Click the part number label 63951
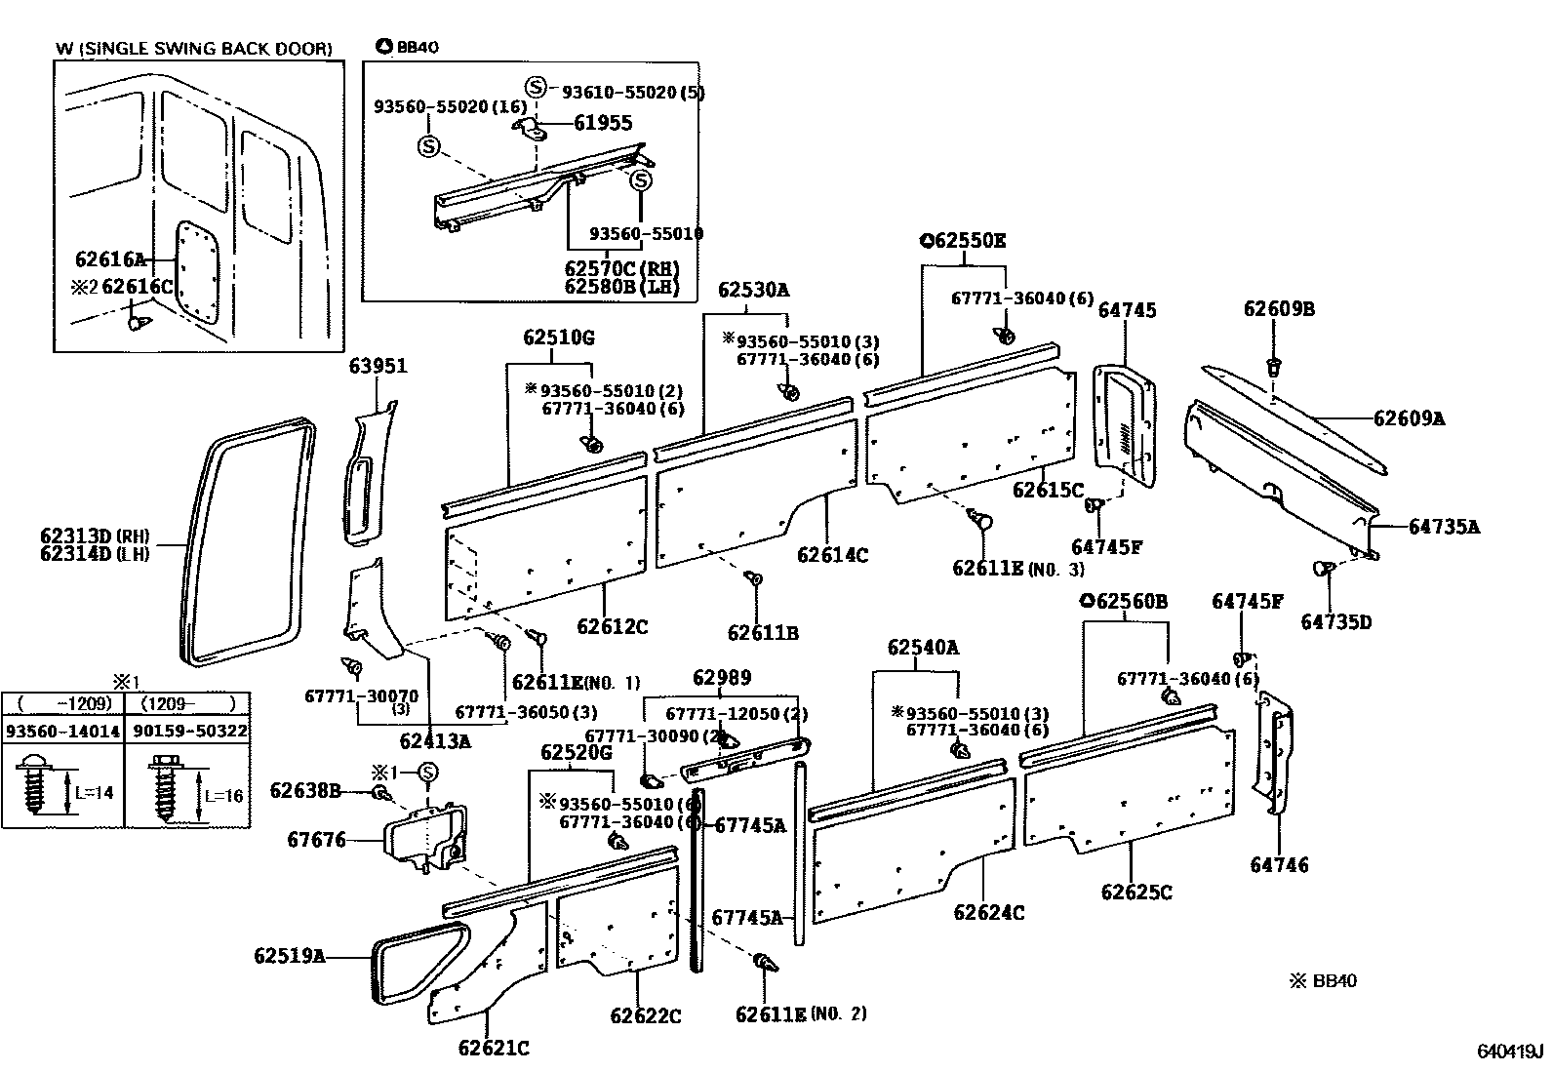(378, 367)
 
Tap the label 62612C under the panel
(612, 627)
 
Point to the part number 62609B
(1279, 309)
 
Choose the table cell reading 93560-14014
(63, 731)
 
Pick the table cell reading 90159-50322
(187, 731)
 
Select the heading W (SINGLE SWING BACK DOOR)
(194, 48)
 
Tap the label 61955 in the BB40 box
(602, 123)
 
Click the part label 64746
(1279, 865)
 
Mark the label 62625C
(1135, 893)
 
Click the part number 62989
(722, 678)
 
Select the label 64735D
(1335, 621)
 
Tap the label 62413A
(435, 740)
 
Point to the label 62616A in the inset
(109, 259)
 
